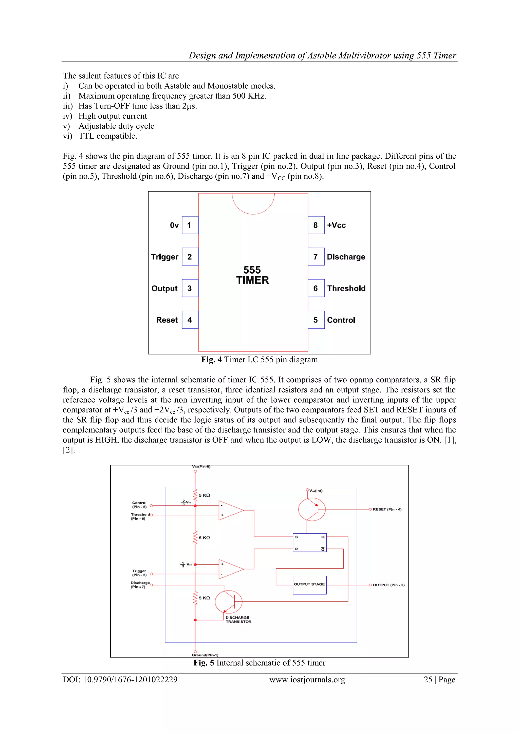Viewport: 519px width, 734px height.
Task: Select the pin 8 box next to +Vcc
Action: (x=316, y=225)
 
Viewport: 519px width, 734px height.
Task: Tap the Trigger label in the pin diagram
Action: (x=164, y=257)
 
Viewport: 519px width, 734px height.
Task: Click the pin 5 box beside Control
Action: (x=316, y=320)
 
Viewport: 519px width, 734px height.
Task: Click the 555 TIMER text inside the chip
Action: (x=252, y=275)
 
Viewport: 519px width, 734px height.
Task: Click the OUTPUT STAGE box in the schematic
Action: (x=309, y=585)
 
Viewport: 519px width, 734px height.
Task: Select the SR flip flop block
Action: (x=309, y=542)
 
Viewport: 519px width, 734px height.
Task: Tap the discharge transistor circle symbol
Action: (x=228, y=602)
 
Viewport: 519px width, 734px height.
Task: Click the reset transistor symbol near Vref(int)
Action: (x=311, y=509)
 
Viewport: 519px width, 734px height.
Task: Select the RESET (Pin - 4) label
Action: (x=387, y=509)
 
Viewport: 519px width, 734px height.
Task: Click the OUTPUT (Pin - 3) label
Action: (x=388, y=585)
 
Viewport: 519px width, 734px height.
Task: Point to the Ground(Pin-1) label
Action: (x=205, y=655)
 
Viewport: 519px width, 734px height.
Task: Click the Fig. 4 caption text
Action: (x=259, y=360)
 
